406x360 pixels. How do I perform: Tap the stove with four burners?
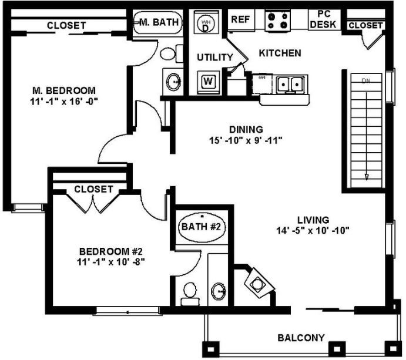pyautogui.click(x=278, y=21)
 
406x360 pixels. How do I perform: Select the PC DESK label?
pyautogui.click(x=324, y=19)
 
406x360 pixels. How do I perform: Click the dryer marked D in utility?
pyautogui.click(x=206, y=24)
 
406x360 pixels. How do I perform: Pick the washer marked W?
pyautogui.click(x=208, y=81)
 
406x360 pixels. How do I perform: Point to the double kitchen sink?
pyautogui.click(x=290, y=85)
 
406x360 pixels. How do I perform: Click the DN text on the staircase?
pyautogui.click(x=366, y=80)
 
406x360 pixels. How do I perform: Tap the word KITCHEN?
pyautogui.click(x=280, y=53)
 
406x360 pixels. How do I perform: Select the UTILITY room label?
pyautogui.click(x=214, y=57)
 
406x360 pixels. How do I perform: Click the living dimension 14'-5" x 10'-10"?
pyautogui.click(x=312, y=230)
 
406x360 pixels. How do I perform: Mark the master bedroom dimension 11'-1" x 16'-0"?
pyautogui.click(x=63, y=101)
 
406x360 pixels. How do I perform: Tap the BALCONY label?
pyautogui.click(x=301, y=338)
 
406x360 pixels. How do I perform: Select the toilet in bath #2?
pyautogui.click(x=189, y=292)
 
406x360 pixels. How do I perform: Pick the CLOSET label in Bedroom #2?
pyautogui.click(x=93, y=189)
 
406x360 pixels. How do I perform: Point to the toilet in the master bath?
pyautogui.click(x=168, y=55)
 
